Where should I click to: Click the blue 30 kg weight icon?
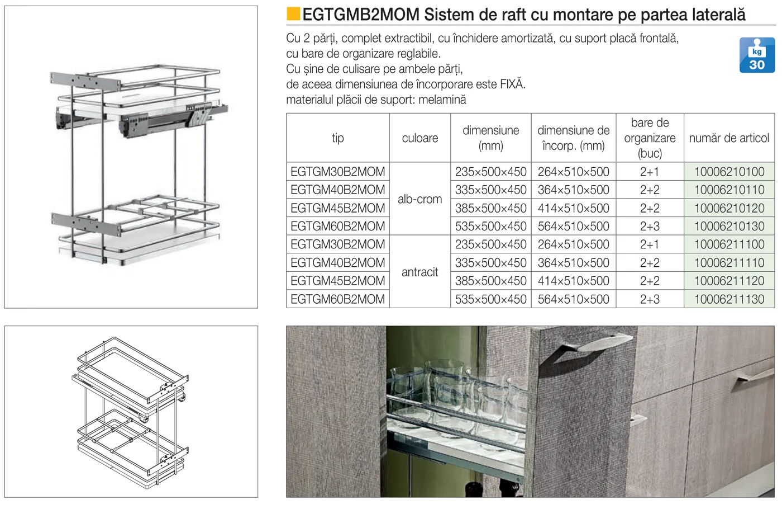(x=757, y=55)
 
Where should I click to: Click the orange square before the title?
(x=293, y=14)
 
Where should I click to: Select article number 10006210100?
(x=729, y=172)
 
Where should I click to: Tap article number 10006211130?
(x=729, y=299)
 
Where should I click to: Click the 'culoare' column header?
(x=420, y=138)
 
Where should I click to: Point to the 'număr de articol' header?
(x=729, y=138)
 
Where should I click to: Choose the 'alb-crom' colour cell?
(x=420, y=199)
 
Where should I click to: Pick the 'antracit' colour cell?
(x=420, y=272)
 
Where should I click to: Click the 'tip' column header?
(x=337, y=138)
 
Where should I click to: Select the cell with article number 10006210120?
(x=729, y=208)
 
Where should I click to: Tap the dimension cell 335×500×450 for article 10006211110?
(x=490, y=262)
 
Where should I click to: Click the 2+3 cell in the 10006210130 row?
(x=650, y=226)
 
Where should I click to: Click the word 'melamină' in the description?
(x=442, y=100)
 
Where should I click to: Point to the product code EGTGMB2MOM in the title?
(x=361, y=15)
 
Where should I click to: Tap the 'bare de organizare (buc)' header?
(x=650, y=138)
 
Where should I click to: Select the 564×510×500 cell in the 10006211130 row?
(x=573, y=299)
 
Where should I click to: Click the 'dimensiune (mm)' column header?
(x=490, y=138)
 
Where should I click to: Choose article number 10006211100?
(x=729, y=244)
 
